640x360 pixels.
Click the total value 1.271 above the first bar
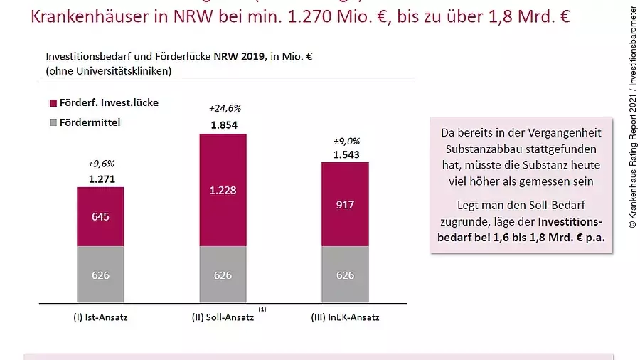pos(102,179)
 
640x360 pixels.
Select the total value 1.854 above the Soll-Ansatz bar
pos(224,125)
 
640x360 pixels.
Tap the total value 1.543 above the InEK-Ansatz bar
pos(346,154)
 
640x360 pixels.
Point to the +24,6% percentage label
pos(225,109)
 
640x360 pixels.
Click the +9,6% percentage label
pos(102,164)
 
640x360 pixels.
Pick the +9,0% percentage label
pos(346,140)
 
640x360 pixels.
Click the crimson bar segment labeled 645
pos(100,216)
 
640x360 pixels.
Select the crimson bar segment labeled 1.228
pos(223,190)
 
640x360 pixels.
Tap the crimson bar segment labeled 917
pos(345,204)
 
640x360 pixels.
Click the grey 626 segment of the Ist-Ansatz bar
pos(100,275)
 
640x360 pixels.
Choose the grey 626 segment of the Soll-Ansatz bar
pos(223,275)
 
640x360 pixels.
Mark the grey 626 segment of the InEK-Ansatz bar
pos(345,275)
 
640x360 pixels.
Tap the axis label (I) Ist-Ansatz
pos(101,317)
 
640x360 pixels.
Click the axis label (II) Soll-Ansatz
pos(221,317)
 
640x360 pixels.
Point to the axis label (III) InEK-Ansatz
pos(346,317)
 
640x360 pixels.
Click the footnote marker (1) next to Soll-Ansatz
pos(262,309)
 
